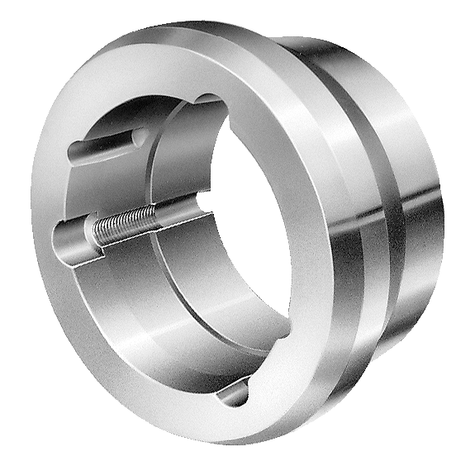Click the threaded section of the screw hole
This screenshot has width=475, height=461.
pyautogui.click(x=124, y=226)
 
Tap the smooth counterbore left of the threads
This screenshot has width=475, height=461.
pyautogui.click(x=74, y=240)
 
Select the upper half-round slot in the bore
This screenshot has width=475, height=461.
pyautogui.click(x=107, y=145)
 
